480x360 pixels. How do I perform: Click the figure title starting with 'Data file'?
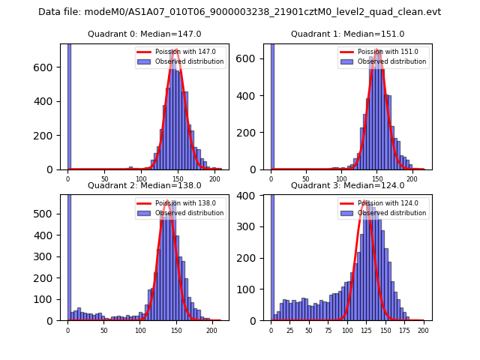pyautogui.click(x=239, y=12)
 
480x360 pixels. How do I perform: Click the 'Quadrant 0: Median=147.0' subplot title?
pyautogui.click(x=145, y=34)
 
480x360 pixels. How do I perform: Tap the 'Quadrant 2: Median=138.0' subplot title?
pyautogui.click(x=145, y=185)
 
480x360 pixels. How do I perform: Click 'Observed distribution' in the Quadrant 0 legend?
pyautogui.click(x=190, y=61)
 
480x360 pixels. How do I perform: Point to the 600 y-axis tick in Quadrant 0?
pyautogui.click(x=46, y=67)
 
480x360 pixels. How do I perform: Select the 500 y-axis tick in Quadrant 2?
pyautogui.click(x=46, y=214)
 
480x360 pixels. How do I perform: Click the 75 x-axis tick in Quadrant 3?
pyautogui.click(x=328, y=330)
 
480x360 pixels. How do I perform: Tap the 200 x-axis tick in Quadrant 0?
pyautogui.click(x=214, y=179)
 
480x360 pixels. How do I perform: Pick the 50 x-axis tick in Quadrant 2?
pyautogui.click(x=104, y=330)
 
